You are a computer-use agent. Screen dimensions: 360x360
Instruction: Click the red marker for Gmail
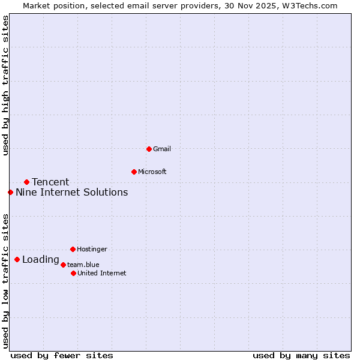tap(149, 149)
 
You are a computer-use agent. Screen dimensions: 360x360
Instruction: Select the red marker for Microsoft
tap(134, 172)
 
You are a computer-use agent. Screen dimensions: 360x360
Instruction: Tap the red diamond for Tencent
tap(26, 182)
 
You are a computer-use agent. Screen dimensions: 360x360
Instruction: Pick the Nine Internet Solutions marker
tap(10, 192)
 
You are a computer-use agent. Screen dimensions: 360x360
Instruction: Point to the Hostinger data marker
tap(73, 249)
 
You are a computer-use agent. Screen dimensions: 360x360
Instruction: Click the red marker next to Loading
tap(17, 260)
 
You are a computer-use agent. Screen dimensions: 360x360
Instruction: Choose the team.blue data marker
tap(63, 265)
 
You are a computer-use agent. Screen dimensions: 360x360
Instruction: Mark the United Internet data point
tap(73, 273)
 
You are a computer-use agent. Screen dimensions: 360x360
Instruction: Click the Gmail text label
tap(162, 149)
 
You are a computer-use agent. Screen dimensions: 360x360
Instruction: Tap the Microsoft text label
tap(152, 172)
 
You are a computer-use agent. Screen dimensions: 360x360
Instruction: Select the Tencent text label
tap(50, 182)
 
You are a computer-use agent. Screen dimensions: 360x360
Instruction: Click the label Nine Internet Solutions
tap(71, 193)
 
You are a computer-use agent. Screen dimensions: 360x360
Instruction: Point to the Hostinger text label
tap(92, 249)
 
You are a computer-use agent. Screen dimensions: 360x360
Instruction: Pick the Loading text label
tap(41, 260)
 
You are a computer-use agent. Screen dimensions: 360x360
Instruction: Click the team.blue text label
tap(83, 265)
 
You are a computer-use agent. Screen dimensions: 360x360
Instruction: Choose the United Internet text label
tap(102, 273)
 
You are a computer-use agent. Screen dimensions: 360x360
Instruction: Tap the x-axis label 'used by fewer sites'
tap(62, 355)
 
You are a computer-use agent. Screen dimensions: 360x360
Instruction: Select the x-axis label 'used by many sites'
tap(301, 355)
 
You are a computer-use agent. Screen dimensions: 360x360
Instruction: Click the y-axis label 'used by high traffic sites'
tap(5, 85)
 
